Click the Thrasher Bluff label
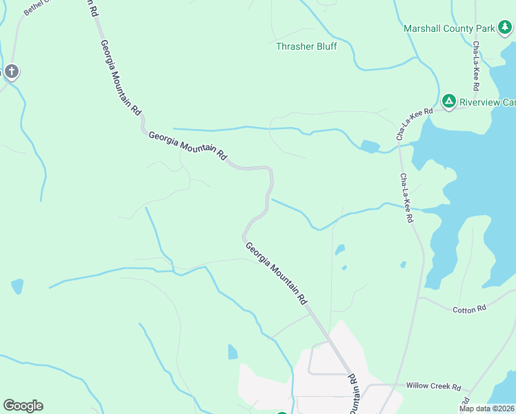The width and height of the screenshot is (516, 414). tap(306, 46)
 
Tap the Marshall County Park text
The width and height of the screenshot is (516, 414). tap(448, 28)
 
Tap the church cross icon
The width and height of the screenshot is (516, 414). tap(11, 71)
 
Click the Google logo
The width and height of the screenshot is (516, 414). tap(23, 406)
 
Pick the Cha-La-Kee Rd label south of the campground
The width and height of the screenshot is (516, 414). tap(406, 198)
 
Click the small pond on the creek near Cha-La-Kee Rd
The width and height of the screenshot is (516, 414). tap(370, 146)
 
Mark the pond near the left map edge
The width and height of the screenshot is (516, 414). tap(17, 286)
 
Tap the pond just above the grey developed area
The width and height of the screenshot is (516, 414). tap(232, 352)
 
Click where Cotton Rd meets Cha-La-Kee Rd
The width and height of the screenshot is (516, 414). tap(418, 299)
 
